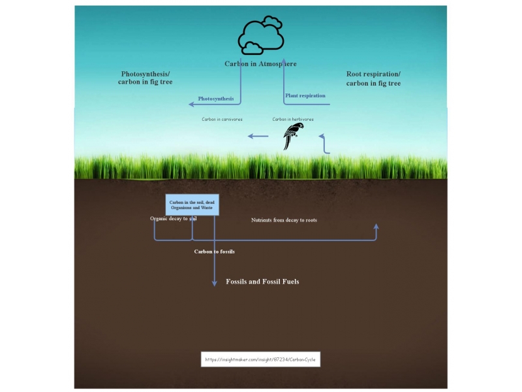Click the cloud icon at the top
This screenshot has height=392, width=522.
tap(260, 35)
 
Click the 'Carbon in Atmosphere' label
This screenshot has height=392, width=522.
tap(260, 64)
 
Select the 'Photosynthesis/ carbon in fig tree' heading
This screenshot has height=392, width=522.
tap(147, 78)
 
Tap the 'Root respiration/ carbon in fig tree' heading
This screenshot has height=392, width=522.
tap(373, 79)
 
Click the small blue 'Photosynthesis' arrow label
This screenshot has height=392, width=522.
tap(216, 99)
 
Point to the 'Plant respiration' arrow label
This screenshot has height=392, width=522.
tap(305, 95)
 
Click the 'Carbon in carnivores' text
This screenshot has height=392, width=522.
tap(222, 120)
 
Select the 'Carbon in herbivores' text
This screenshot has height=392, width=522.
tap(293, 120)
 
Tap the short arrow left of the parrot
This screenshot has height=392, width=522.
tap(258, 136)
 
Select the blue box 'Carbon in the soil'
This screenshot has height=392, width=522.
tap(192, 204)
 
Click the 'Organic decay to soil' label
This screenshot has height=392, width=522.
tap(173, 219)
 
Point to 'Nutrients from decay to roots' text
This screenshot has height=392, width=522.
tap(284, 220)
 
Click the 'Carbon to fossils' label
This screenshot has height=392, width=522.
tap(214, 251)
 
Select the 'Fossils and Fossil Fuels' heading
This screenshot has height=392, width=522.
tap(262, 282)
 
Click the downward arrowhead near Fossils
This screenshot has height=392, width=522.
tap(214, 282)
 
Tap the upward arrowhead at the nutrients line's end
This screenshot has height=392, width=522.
tap(376, 226)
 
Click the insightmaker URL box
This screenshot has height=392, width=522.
tap(260, 359)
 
